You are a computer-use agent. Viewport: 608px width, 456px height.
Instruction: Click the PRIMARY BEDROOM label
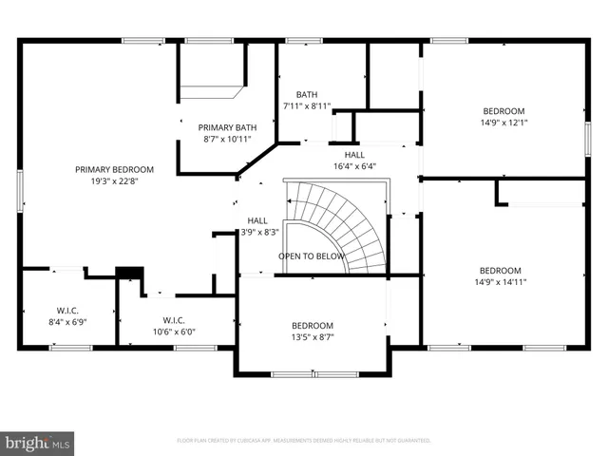114,169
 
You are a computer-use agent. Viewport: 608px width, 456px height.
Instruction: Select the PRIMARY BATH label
227,127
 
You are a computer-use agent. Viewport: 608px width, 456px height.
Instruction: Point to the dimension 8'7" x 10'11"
227,140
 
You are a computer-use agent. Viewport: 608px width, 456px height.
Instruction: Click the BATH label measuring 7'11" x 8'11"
307,94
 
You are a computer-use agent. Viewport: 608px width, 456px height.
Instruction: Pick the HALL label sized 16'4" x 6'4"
354,154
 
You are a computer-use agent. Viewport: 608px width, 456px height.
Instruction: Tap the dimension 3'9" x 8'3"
256,231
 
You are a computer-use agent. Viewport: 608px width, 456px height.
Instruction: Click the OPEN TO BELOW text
311,256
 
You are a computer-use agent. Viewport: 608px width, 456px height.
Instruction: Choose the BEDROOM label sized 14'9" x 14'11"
500,269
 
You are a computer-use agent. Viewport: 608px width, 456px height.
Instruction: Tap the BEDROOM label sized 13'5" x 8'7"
312,325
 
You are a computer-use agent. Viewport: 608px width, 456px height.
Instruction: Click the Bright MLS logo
38,443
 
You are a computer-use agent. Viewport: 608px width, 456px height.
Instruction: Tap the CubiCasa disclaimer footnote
304,441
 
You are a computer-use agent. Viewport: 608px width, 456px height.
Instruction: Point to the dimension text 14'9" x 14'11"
500,281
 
